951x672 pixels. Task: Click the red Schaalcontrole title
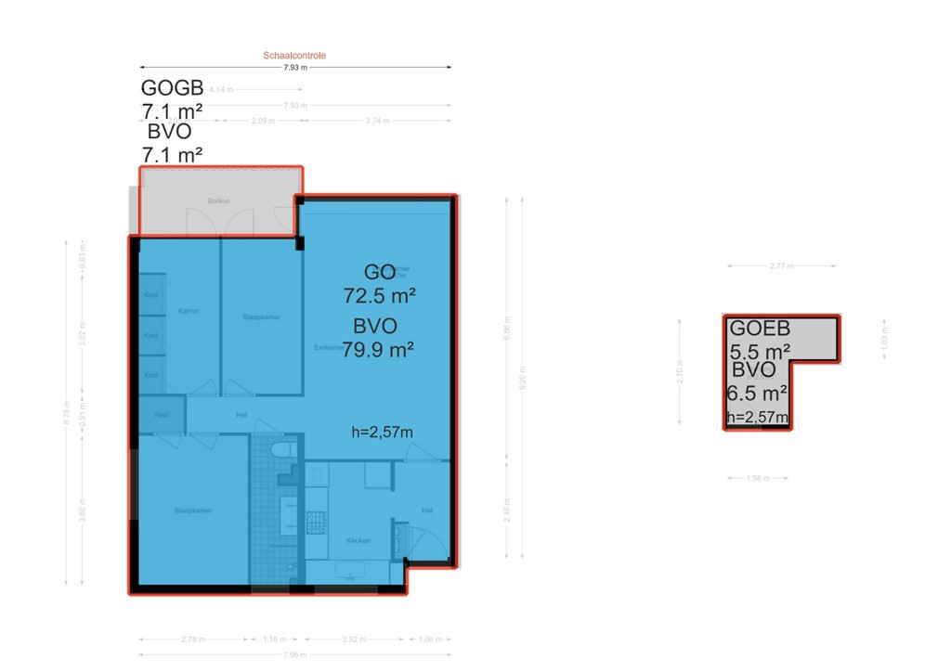pyautogui.click(x=294, y=56)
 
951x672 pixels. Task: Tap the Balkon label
pyautogui.click(x=218, y=201)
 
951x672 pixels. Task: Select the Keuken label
pyautogui.click(x=358, y=540)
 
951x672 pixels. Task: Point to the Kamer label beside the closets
pyautogui.click(x=189, y=311)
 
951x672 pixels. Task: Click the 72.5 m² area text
pyautogui.click(x=378, y=297)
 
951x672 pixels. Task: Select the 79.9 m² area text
pyautogui.click(x=377, y=350)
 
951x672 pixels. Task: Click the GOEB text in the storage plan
pyautogui.click(x=760, y=328)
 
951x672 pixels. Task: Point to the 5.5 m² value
pyautogui.click(x=760, y=352)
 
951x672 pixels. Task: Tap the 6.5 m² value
pyautogui.click(x=757, y=394)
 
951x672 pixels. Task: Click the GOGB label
pyautogui.click(x=172, y=88)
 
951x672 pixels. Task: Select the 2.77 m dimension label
pyautogui.click(x=783, y=266)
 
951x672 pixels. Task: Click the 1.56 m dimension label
pyautogui.click(x=758, y=478)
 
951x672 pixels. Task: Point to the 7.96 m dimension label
pyautogui.click(x=295, y=655)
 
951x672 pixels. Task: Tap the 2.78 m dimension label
pyautogui.click(x=193, y=640)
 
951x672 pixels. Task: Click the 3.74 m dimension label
pyautogui.click(x=377, y=122)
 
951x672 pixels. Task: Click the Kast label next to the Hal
pyautogui.click(x=150, y=415)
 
